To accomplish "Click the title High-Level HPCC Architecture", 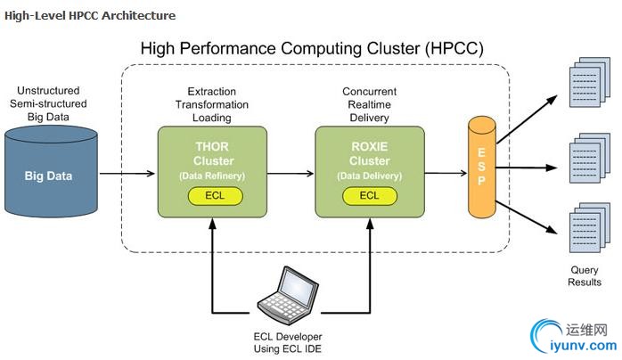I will pos(90,16).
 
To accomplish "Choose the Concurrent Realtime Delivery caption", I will pos(369,104).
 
